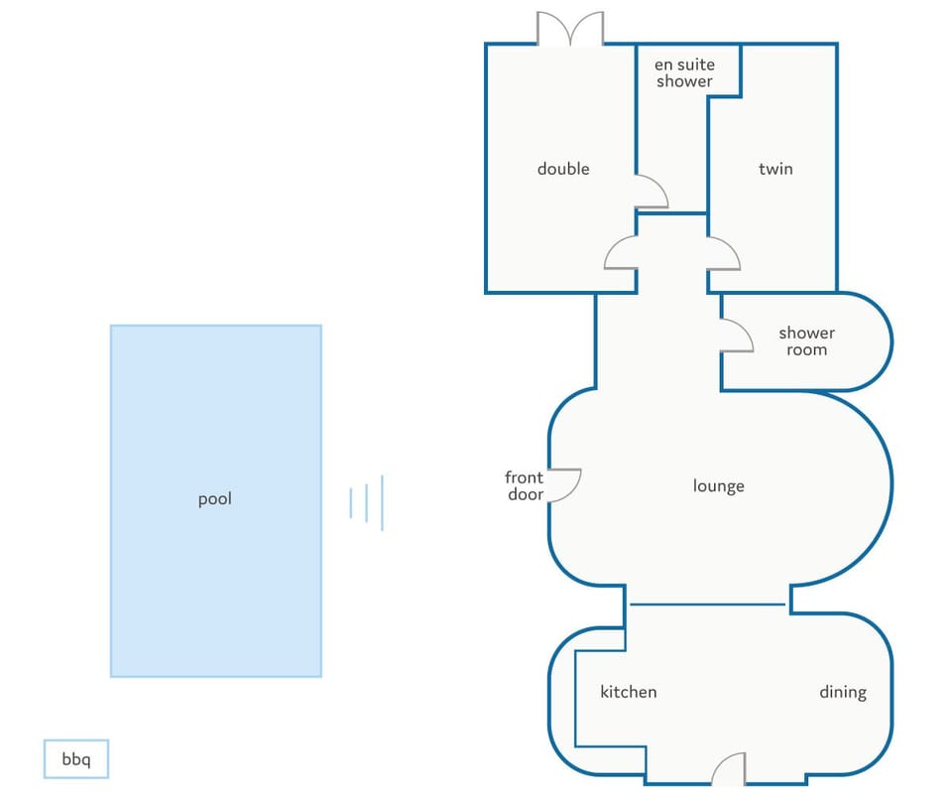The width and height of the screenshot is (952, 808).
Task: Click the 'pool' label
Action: (214, 499)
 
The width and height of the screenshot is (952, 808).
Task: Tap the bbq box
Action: (75, 760)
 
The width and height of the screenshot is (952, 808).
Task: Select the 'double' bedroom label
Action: (563, 169)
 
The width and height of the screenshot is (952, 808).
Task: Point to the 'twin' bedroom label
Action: (775, 169)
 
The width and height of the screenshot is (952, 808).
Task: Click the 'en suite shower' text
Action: (684, 73)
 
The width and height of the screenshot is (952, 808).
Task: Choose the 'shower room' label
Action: (806, 340)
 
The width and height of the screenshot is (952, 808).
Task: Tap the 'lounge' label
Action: (718, 485)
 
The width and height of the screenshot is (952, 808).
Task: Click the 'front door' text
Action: (525, 485)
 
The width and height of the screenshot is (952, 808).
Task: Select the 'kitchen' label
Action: (629, 692)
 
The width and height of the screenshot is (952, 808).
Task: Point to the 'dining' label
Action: (842, 692)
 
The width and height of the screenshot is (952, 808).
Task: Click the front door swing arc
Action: (566, 484)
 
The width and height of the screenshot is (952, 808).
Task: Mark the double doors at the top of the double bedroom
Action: (570, 29)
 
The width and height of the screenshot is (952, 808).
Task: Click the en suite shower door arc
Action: (652, 192)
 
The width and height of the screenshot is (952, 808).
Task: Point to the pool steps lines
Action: (366, 502)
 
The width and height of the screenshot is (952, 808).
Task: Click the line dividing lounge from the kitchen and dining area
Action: (708, 605)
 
